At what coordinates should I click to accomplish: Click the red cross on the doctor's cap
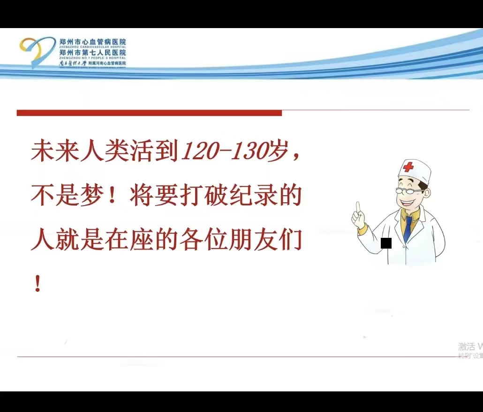click(x=409, y=167)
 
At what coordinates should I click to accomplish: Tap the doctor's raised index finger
click(x=358, y=208)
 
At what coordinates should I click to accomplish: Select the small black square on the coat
click(x=386, y=243)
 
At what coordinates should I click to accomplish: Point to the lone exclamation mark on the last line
click(x=38, y=284)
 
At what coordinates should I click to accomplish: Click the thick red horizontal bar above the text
click(x=149, y=113)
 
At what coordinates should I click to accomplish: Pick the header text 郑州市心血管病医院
click(x=93, y=42)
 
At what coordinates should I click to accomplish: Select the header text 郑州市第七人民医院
click(x=93, y=53)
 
